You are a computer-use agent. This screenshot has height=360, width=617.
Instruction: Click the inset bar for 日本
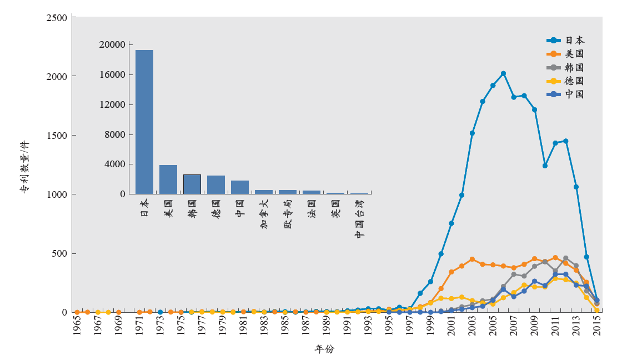(144, 122)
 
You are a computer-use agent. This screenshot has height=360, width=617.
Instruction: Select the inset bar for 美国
(168, 179)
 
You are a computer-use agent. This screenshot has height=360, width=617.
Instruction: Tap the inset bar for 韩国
(192, 184)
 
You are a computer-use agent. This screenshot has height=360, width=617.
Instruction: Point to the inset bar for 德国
(216, 185)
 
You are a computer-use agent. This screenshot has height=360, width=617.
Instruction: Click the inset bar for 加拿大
(264, 192)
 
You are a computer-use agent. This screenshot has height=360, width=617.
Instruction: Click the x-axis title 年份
(324, 349)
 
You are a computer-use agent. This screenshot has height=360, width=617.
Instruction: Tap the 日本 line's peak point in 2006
(503, 73)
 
